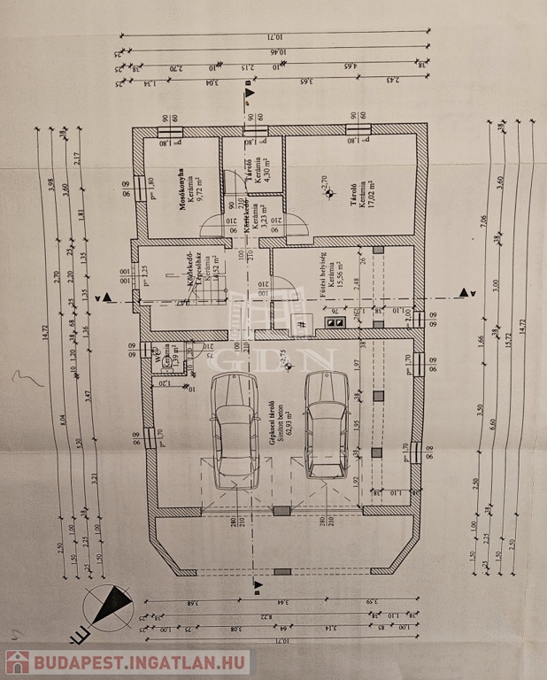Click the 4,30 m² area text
click(266, 168)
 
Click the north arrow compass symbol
click(109, 608)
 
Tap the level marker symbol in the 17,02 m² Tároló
click(329, 190)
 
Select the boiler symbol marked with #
click(302, 325)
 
